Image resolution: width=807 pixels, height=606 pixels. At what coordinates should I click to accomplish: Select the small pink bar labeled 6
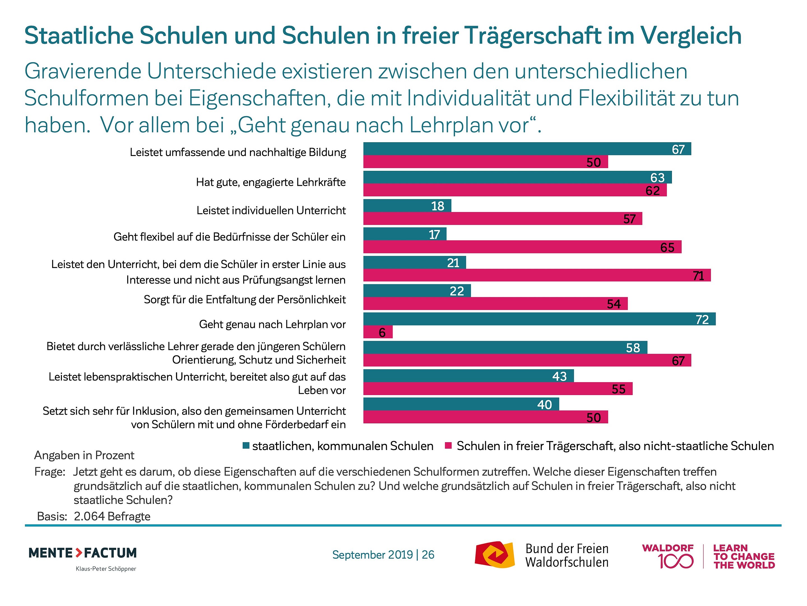pyautogui.click(x=378, y=332)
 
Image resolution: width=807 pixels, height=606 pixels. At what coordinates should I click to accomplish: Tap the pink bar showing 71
pyautogui.click(x=537, y=275)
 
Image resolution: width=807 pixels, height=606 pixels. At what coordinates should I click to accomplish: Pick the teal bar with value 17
pyautogui.click(x=405, y=234)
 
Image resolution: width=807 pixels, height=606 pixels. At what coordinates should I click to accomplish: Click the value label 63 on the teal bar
pyautogui.click(x=657, y=178)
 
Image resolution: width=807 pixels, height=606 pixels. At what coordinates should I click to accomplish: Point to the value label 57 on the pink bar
pyautogui.click(x=630, y=219)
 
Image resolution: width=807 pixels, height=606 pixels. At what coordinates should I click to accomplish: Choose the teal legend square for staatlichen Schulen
pyautogui.click(x=246, y=445)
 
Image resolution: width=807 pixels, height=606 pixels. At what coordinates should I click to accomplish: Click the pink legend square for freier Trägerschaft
pyautogui.click(x=448, y=445)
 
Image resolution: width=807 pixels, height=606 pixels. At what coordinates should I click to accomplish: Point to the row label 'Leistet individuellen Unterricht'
pyautogui.click(x=271, y=210)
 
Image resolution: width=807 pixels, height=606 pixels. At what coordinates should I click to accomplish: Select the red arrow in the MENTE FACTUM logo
pyautogui.click(x=79, y=553)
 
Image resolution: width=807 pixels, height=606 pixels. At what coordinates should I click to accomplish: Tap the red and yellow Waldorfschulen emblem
pyautogui.click(x=495, y=554)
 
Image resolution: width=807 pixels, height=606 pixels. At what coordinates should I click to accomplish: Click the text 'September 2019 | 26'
pyautogui.click(x=383, y=554)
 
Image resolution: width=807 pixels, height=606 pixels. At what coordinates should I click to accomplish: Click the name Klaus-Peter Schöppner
pyautogui.click(x=106, y=569)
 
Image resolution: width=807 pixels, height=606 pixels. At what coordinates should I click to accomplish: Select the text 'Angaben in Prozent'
pyautogui.click(x=84, y=455)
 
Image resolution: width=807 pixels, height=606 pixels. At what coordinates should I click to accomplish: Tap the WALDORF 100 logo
pyautogui.click(x=668, y=556)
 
